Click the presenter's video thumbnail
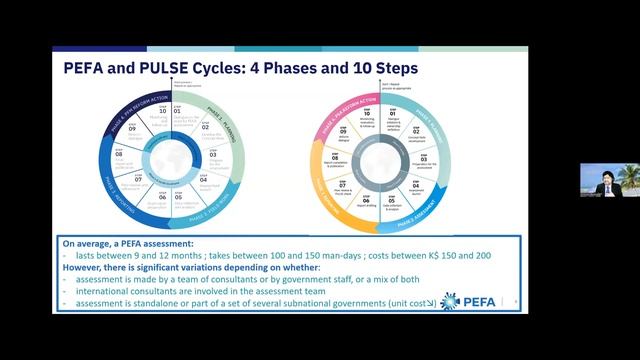pyautogui.click(x=608, y=180)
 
